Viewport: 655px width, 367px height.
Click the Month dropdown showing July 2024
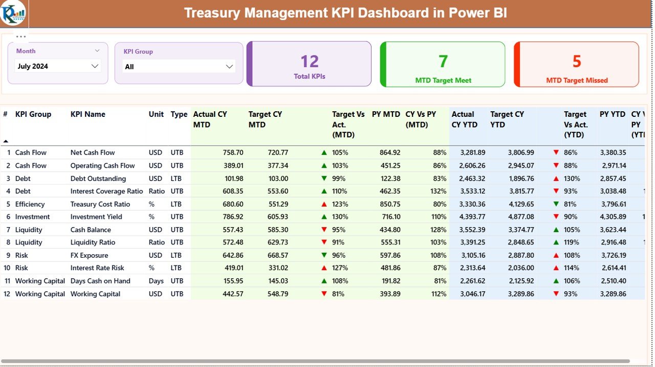point(58,66)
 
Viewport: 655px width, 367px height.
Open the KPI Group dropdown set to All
point(179,67)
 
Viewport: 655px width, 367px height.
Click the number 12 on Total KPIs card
point(310,62)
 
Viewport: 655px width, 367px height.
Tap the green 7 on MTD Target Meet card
point(443,62)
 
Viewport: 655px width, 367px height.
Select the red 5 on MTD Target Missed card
point(577,62)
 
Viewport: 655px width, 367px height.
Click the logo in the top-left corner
point(13,14)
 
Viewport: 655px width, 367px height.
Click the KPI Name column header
point(88,114)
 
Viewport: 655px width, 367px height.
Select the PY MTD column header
point(386,114)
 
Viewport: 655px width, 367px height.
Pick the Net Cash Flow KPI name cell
point(93,153)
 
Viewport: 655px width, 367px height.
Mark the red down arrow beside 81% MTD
point(324,294)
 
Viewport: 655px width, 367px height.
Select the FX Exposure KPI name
point(89,255)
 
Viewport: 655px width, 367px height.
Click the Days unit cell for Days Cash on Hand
point(157,281)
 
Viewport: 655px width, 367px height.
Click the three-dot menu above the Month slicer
point(21,37)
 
